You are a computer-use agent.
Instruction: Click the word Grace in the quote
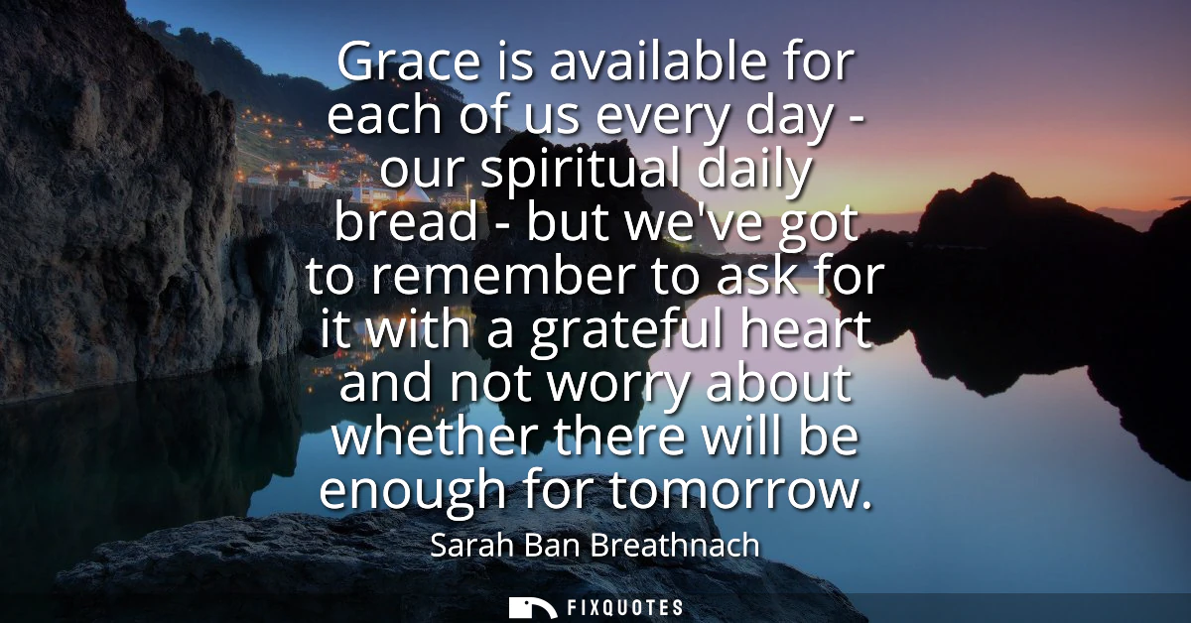coord(408,62)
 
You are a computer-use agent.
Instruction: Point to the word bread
coord(406,220)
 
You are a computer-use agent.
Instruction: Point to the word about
coord(778,382)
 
